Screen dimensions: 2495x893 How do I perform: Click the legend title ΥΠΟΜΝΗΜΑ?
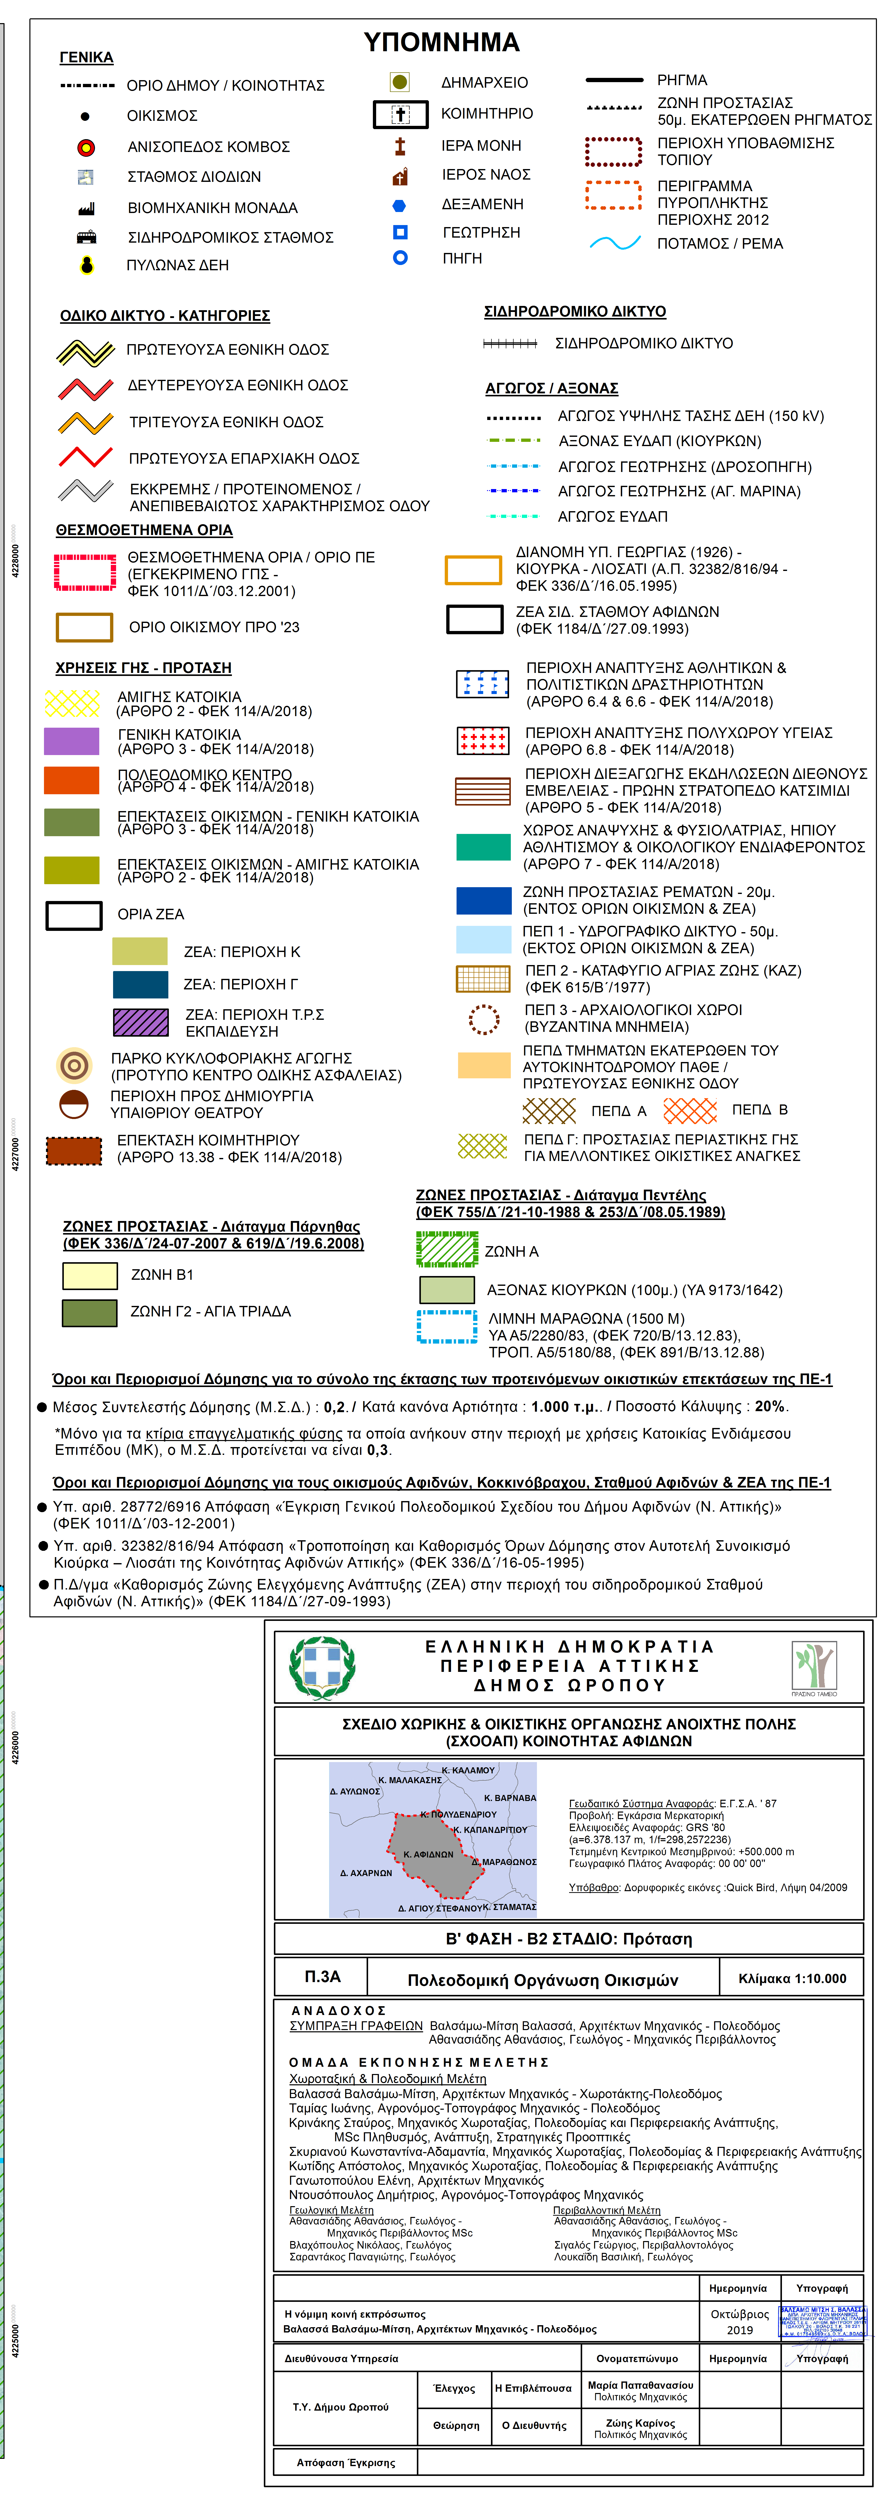(442, 42)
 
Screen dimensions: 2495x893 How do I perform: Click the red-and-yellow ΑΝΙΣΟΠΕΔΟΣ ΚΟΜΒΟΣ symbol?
(86, 147)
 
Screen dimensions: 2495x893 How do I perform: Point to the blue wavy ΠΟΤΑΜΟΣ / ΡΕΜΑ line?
(615, 243)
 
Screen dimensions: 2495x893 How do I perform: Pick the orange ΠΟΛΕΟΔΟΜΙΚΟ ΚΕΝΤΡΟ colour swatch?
(72, 781)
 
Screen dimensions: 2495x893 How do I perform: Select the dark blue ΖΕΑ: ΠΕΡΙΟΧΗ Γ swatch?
(139, 984)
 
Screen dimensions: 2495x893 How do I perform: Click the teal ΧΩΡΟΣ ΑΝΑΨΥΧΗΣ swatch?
(483, 846)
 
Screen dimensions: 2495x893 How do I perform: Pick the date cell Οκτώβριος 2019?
(740, 2322)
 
